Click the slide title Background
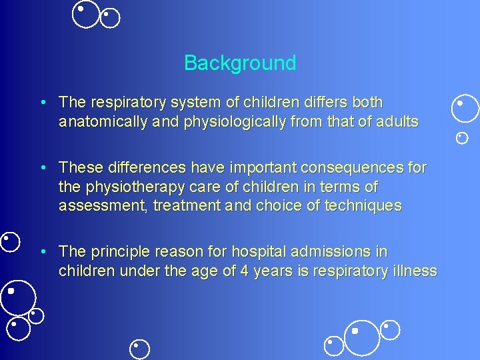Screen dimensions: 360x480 pos(240,63)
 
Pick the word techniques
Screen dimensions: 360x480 pos(363,206)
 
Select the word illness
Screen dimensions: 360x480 pos(413,271)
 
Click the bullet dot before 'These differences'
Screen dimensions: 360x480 pos(43,167)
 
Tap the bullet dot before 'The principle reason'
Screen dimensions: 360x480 pos(43,252)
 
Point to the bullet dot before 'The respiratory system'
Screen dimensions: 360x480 pos(43,103)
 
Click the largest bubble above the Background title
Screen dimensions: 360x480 pos(85,15)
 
